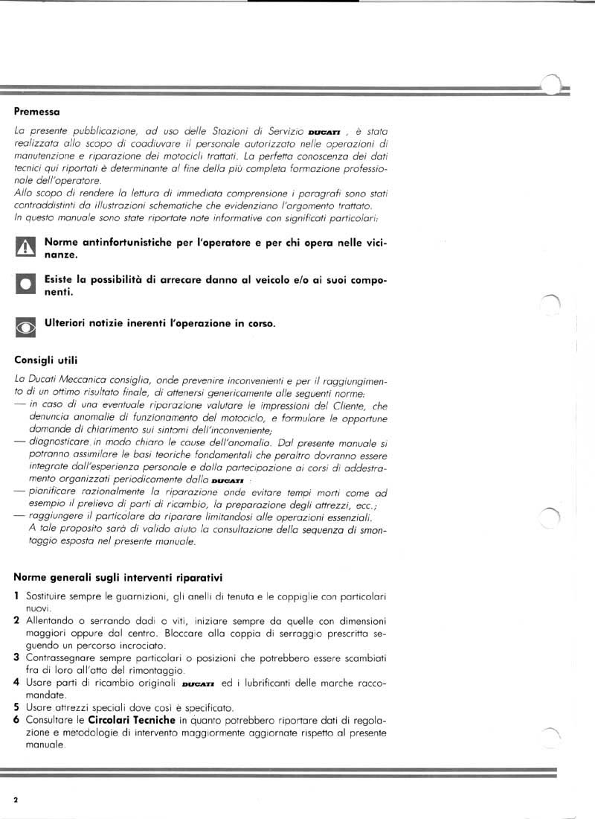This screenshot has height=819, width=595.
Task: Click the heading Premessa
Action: tap(36, 112)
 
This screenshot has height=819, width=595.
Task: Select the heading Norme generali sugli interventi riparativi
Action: tap(118, 577)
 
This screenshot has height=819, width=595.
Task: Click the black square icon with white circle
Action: tap(25, 284)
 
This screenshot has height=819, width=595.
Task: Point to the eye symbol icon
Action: tap(25, 326)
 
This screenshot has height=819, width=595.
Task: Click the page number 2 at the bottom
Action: tap(16, 799)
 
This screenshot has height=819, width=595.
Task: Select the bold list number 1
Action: tap(17, 596)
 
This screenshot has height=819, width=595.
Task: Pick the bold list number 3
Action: tap(17, 657)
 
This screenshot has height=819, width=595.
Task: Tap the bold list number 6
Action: tap(17, 720)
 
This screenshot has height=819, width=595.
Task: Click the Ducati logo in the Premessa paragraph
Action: tap(324, 133)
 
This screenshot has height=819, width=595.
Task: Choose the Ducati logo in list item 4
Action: tap(198, 683)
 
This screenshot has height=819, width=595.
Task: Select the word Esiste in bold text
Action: tap(61, 279)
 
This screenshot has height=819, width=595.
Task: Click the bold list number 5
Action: tap(17, 707)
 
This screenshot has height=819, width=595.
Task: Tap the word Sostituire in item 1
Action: tap(48, 596)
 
